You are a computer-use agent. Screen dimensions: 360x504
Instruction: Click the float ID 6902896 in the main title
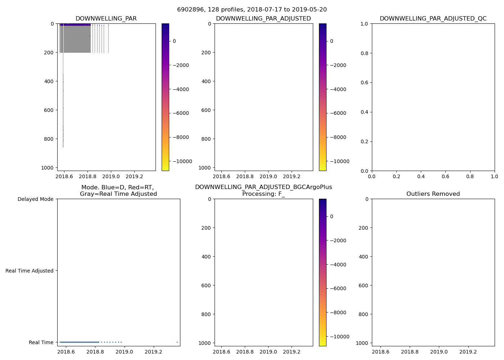189,10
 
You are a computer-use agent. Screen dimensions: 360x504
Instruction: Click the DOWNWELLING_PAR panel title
106,19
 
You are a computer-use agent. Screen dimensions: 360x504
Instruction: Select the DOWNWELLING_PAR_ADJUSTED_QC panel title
433,19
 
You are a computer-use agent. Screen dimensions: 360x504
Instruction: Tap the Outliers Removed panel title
433,194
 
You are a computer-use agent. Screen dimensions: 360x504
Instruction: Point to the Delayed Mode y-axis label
35,199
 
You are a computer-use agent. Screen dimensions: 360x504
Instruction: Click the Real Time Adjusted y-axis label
29,271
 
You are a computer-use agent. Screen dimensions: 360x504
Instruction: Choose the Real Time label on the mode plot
41,342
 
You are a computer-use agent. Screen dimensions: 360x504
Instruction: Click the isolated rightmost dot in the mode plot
177,342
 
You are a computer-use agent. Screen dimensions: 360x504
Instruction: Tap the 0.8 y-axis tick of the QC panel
364,53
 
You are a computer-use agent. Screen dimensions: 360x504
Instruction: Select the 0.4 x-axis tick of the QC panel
421,177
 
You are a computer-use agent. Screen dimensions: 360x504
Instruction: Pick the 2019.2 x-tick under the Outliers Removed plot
468,352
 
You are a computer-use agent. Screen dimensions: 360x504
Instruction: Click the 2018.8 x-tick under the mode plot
95,352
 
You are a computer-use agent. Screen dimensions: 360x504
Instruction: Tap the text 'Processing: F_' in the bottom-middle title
263,194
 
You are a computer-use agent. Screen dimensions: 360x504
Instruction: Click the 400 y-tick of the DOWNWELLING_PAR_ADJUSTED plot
207,81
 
